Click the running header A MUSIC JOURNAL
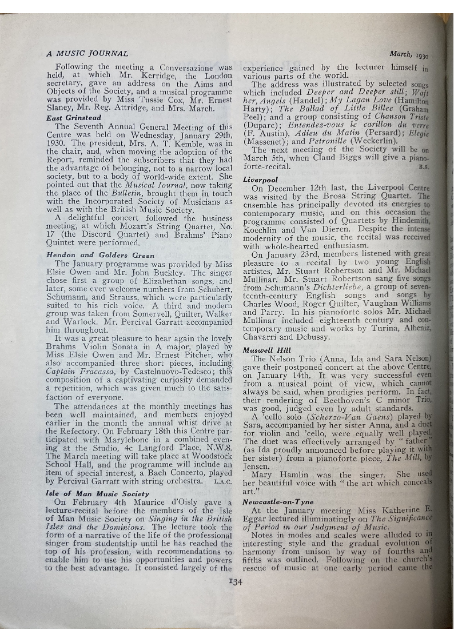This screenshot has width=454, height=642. click(87, 54)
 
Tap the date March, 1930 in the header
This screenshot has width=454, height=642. click(409, 55)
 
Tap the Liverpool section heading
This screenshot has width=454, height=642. click(261, 179)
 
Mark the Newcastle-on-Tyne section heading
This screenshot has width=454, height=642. click(278, 501)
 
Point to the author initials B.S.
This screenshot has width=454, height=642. click(424, 168)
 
